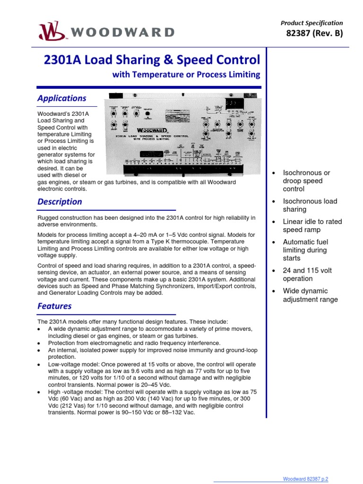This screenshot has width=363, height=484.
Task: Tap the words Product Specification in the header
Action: (312, 23)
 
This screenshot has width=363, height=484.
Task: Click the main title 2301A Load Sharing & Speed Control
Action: (152, 60)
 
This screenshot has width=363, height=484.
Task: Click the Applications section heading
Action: (62, 98)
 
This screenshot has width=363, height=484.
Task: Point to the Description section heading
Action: (60, 201)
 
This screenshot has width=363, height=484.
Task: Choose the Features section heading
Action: (54, 306)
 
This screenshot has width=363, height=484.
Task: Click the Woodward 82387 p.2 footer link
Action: (312, 479)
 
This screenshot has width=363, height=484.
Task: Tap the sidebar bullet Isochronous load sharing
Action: (310, 205)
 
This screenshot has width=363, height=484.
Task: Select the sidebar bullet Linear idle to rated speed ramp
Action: (312, 225)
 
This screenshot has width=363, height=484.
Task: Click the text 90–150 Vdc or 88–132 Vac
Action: (157, 412)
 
